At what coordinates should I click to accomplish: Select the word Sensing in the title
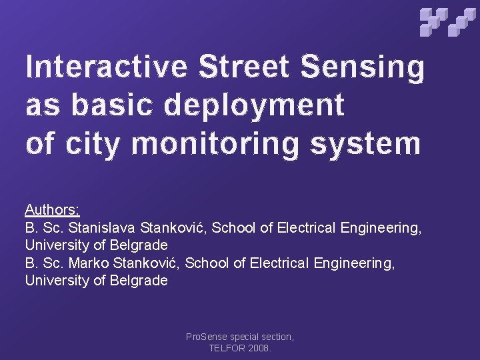(x=363, y=68)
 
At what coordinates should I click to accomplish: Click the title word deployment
(x=254, y=106)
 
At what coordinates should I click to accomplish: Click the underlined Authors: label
(x=53, y=210)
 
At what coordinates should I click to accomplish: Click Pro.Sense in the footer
(x=206, y=337)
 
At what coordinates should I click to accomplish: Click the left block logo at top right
(x=433, y=21)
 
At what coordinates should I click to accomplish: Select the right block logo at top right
(x=462, y=21)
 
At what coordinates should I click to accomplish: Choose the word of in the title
(x=40, y=144)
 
